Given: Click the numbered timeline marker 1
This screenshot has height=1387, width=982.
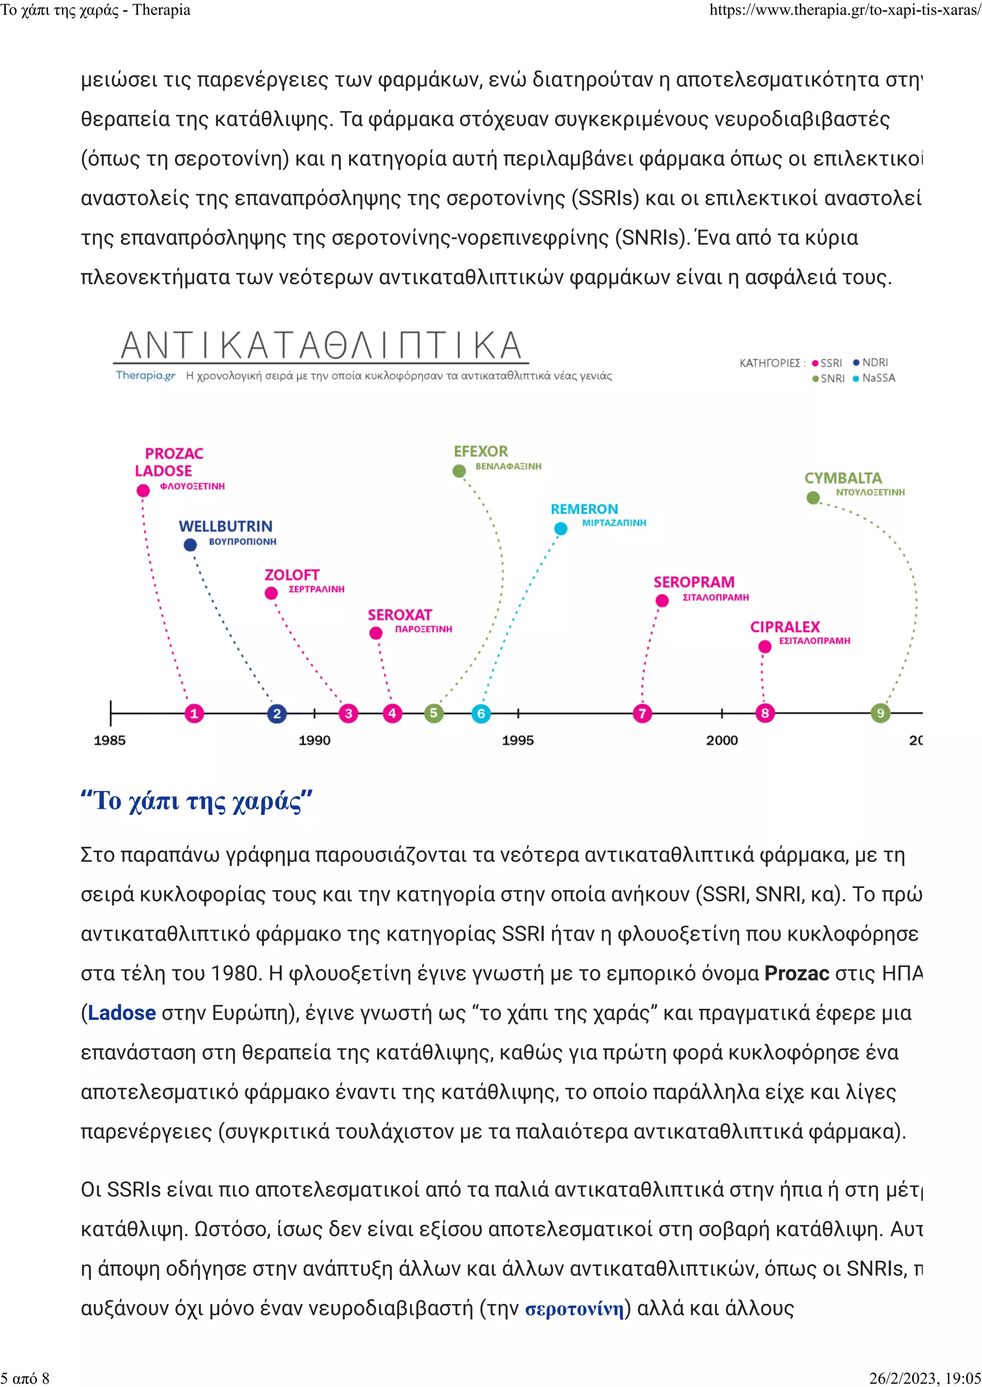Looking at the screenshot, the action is point(194,713).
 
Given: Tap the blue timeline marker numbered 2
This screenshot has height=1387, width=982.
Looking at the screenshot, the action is point(277,713).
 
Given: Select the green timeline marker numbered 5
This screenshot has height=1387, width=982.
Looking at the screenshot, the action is point(433,713).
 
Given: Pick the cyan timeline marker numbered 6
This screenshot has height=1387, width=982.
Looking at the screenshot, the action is point(481,713).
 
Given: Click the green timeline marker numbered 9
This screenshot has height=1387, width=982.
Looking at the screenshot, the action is point(880,713).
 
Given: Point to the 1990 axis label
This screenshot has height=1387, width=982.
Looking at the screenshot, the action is point(315,740).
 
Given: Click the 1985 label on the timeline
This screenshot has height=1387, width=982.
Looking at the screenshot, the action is point(110,740).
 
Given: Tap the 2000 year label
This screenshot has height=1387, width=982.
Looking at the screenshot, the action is point(722,740).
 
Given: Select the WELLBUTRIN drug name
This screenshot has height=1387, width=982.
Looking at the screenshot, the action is point(225,526).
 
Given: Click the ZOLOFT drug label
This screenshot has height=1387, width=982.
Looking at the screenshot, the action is point(292,575).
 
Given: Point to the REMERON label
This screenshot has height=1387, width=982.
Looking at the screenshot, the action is point(584,509).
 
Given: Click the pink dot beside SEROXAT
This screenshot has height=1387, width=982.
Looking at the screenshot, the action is point(376,633).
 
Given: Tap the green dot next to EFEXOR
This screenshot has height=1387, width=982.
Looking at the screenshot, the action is point(459,471).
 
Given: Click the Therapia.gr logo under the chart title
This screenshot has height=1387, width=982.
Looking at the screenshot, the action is point(146,375).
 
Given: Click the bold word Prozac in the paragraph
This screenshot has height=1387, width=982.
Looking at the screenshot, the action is point(796,973).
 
